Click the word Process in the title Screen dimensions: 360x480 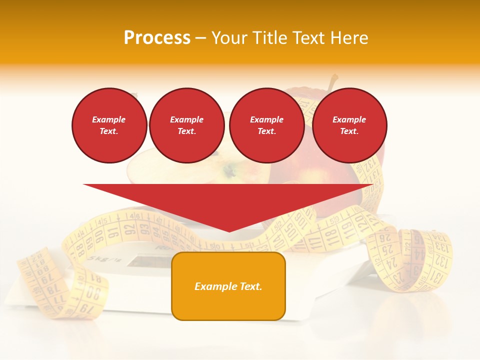[x=157, y=38]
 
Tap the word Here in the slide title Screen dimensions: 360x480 [x=349, y=38]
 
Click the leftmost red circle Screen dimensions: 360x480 [x=109, y=125]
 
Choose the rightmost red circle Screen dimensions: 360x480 [x=349, y=125]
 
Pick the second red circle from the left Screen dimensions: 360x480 [x=187, y=125]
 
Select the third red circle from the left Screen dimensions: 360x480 [x=267, y=125]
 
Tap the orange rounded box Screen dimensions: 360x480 [x=228, y=286]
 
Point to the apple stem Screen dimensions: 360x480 [x=332, y=82]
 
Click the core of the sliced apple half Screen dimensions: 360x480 [x=230, y=172]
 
